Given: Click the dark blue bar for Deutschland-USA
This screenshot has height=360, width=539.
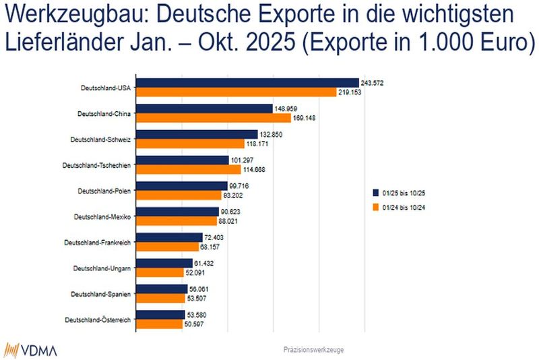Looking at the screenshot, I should pyautogui.click(x=247, y=83).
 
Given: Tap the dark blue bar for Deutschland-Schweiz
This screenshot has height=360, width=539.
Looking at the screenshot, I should pyautogui.click(x=197, y=135).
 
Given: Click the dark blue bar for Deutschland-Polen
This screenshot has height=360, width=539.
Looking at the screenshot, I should pyautogui.click(x=182, y=186).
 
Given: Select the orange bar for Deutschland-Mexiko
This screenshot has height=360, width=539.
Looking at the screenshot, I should pyautogui.click(x=177, y=220).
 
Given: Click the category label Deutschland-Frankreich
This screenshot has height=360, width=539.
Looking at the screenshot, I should pyautogui.click(x=97, y=242).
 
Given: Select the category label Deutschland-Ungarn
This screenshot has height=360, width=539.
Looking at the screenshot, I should pyautogui.click(x=102, y=268).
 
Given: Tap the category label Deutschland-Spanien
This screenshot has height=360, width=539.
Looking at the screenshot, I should pyautogui.click(x=101, y=294).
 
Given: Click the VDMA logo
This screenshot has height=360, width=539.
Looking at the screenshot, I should pyautogui.click(x=31, y=350).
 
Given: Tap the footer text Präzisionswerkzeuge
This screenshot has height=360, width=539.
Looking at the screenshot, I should pyautogui.click(x=315, y=350).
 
